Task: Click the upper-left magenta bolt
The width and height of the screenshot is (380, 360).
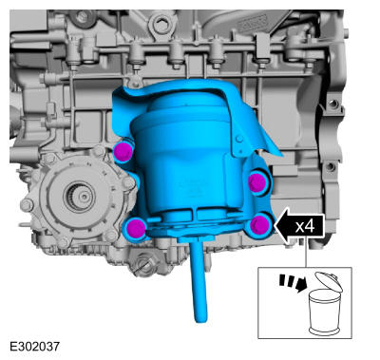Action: coord(123,151)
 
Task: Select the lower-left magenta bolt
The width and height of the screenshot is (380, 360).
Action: coord(137,228)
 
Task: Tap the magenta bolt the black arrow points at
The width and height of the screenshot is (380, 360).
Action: coord(260,225)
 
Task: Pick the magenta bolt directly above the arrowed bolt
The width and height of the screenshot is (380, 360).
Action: coord(256,182)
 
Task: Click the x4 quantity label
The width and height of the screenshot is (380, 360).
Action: coord(305,227)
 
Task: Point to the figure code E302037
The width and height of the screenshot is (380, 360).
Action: coord(34,346)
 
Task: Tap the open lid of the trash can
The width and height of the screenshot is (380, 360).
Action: coord(329,281)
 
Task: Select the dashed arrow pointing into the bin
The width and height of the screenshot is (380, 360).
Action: coord(294,283)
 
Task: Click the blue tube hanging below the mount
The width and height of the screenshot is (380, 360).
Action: coord(199,282)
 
